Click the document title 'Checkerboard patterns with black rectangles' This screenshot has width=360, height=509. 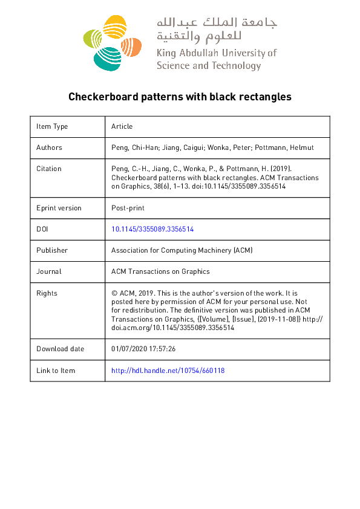180,97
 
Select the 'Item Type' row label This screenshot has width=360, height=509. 52,126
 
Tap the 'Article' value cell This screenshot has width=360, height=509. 122,126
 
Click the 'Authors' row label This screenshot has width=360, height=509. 49,148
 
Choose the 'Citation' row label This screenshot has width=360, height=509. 49,169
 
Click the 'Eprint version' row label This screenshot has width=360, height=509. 59,208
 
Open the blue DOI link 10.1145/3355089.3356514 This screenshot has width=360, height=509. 152,229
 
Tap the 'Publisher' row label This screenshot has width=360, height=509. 52,250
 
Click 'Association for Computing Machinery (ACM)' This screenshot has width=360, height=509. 182,250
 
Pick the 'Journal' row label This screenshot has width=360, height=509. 49,271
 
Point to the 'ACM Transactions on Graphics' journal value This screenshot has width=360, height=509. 160,271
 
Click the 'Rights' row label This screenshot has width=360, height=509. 47,293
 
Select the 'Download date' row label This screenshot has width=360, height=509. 61,349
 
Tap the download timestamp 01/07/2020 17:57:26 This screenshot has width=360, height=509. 143,349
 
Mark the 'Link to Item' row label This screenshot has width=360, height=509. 56,370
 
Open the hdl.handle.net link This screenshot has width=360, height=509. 168,370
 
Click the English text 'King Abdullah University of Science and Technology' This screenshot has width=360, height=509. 216,59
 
